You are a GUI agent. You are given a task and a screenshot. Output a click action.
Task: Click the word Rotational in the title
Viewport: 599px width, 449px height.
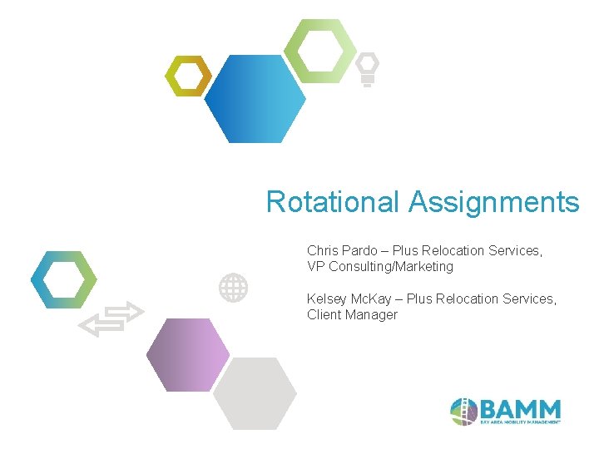coord(334,202)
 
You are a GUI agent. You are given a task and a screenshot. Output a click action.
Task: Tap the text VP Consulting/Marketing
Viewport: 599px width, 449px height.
coord(380,267)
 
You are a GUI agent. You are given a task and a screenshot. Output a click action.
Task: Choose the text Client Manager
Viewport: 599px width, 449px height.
coord(352,315)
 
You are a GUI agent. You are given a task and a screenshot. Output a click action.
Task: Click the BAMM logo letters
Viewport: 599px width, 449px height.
coord(521,408)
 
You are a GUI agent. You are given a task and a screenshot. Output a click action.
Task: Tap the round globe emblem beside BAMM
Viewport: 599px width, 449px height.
coord(463,411)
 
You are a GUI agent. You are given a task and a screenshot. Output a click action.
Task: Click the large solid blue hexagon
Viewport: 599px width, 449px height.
coord(255,99)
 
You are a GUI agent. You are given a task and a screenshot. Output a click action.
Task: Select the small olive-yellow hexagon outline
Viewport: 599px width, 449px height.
coord(187,76)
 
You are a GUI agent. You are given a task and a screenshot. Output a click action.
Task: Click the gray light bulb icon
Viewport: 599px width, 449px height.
coord(367,69)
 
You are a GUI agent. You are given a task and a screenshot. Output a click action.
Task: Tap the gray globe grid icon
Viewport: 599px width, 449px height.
coord(233,288)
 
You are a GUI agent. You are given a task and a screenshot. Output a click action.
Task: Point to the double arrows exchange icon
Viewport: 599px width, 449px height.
coord(111,318)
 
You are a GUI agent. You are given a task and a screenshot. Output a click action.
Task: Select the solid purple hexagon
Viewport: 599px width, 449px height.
coord(188,354)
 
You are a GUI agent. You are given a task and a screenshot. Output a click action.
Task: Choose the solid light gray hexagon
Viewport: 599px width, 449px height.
coord(255,393)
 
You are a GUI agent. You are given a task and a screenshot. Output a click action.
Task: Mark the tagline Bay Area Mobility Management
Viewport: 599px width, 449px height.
coord(521,422)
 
